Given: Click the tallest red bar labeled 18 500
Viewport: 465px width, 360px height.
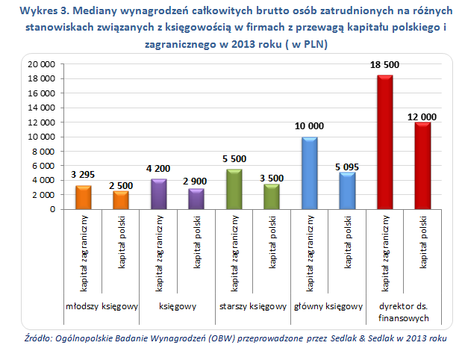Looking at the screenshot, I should pyautogui.click(x=384, y=142).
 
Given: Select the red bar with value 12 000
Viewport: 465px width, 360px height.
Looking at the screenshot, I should pyautogui.click(x=422, y=166).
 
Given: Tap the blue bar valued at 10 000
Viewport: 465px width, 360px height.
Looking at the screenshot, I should pyautogui.click(x=309, y=173).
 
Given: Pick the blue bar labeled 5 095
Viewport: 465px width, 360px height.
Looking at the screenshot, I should pyautogui.click(x=346, y=191).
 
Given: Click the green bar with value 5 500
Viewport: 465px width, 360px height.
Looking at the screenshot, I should pyautogui.click(x=234, y=190).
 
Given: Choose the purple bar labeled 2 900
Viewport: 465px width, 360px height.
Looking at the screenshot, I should pyautogui.click(x=196, y=199).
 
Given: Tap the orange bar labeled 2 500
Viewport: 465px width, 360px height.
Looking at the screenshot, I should pyautogui.click(x=120, y=200).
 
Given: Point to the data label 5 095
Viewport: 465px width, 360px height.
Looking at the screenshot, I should pyautogui.click(x=346, y=166).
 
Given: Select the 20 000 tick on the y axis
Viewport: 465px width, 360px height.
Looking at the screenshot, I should pyautogui.click(x=41, y=64).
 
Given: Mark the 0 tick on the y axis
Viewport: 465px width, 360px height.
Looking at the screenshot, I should pyautogui.click(x=52, y=210).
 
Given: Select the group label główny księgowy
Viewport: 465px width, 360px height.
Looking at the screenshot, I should pyautogui.click(x=328, y=306).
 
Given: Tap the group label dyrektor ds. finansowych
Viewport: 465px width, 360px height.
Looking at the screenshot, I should pyautogui.click(x=403, y=312).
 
